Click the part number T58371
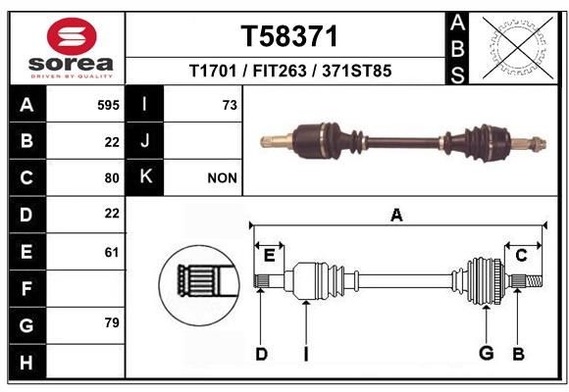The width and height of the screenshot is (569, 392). tap(289, 36)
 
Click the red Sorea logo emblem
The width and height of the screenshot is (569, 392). tap(72, 36)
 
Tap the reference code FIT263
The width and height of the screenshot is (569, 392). tap(280, 71)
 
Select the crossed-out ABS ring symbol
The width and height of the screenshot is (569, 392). tap(518, 48)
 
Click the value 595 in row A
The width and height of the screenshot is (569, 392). tap(108, 105)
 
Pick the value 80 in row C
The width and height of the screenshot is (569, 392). tap(112, 178)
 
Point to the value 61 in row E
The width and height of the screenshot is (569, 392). tap(112, 252)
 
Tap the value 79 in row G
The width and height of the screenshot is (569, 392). tap(112, 322)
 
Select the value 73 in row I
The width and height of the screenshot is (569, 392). tap(230, 105)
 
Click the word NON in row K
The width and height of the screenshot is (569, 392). tap(222, 178)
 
